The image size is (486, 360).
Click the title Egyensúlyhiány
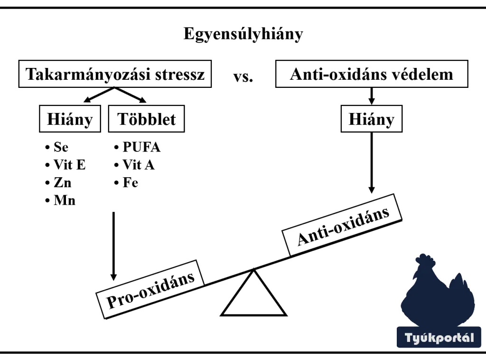pos(243,34)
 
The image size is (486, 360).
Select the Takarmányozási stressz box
pos(115,74)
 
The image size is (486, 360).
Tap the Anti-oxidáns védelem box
pos(372,74)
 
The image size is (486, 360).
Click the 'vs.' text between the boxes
pos(243,76)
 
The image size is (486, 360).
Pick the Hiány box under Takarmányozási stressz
pos(70,119)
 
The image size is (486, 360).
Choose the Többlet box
pos(146,119)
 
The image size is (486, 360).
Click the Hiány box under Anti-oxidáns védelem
pos(372,119)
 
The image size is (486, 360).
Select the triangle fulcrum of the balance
pos(254,297)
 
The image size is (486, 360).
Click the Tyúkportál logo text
pos(439,338)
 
